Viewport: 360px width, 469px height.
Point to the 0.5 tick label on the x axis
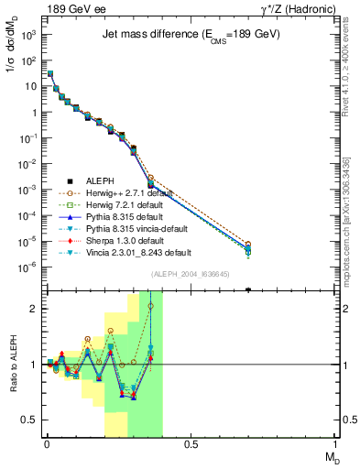pos(191,445)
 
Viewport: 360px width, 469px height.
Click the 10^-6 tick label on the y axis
pos(29,267)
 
